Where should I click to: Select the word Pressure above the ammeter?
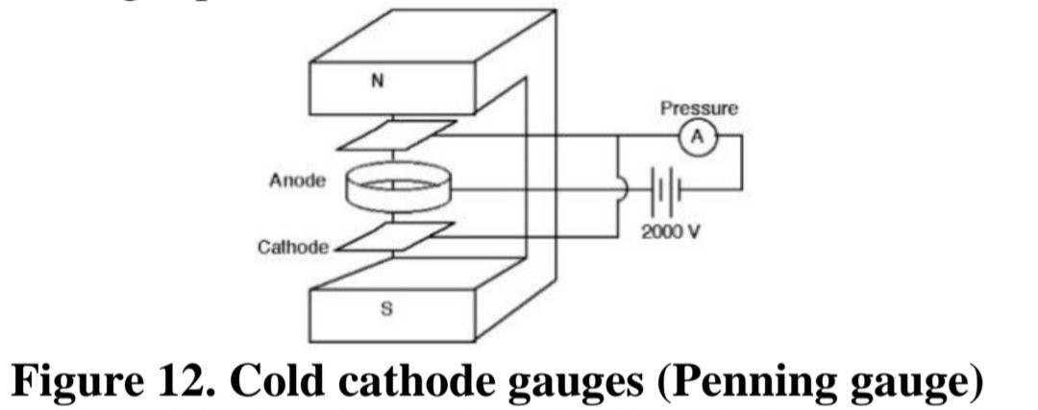click(x=699, y=109)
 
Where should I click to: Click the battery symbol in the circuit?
click(x=666, y=190)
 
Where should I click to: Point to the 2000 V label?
click(x=670, y=232)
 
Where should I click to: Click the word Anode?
click(x=297, y=180)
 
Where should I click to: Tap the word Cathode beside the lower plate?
click(x=292, y=248)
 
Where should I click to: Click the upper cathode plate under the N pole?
click(x=396, y=134)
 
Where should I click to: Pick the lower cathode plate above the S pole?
click(x=394, y=237)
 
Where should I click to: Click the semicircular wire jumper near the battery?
click(x=625, y=190)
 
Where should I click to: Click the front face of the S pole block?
click(x=392, y=316)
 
